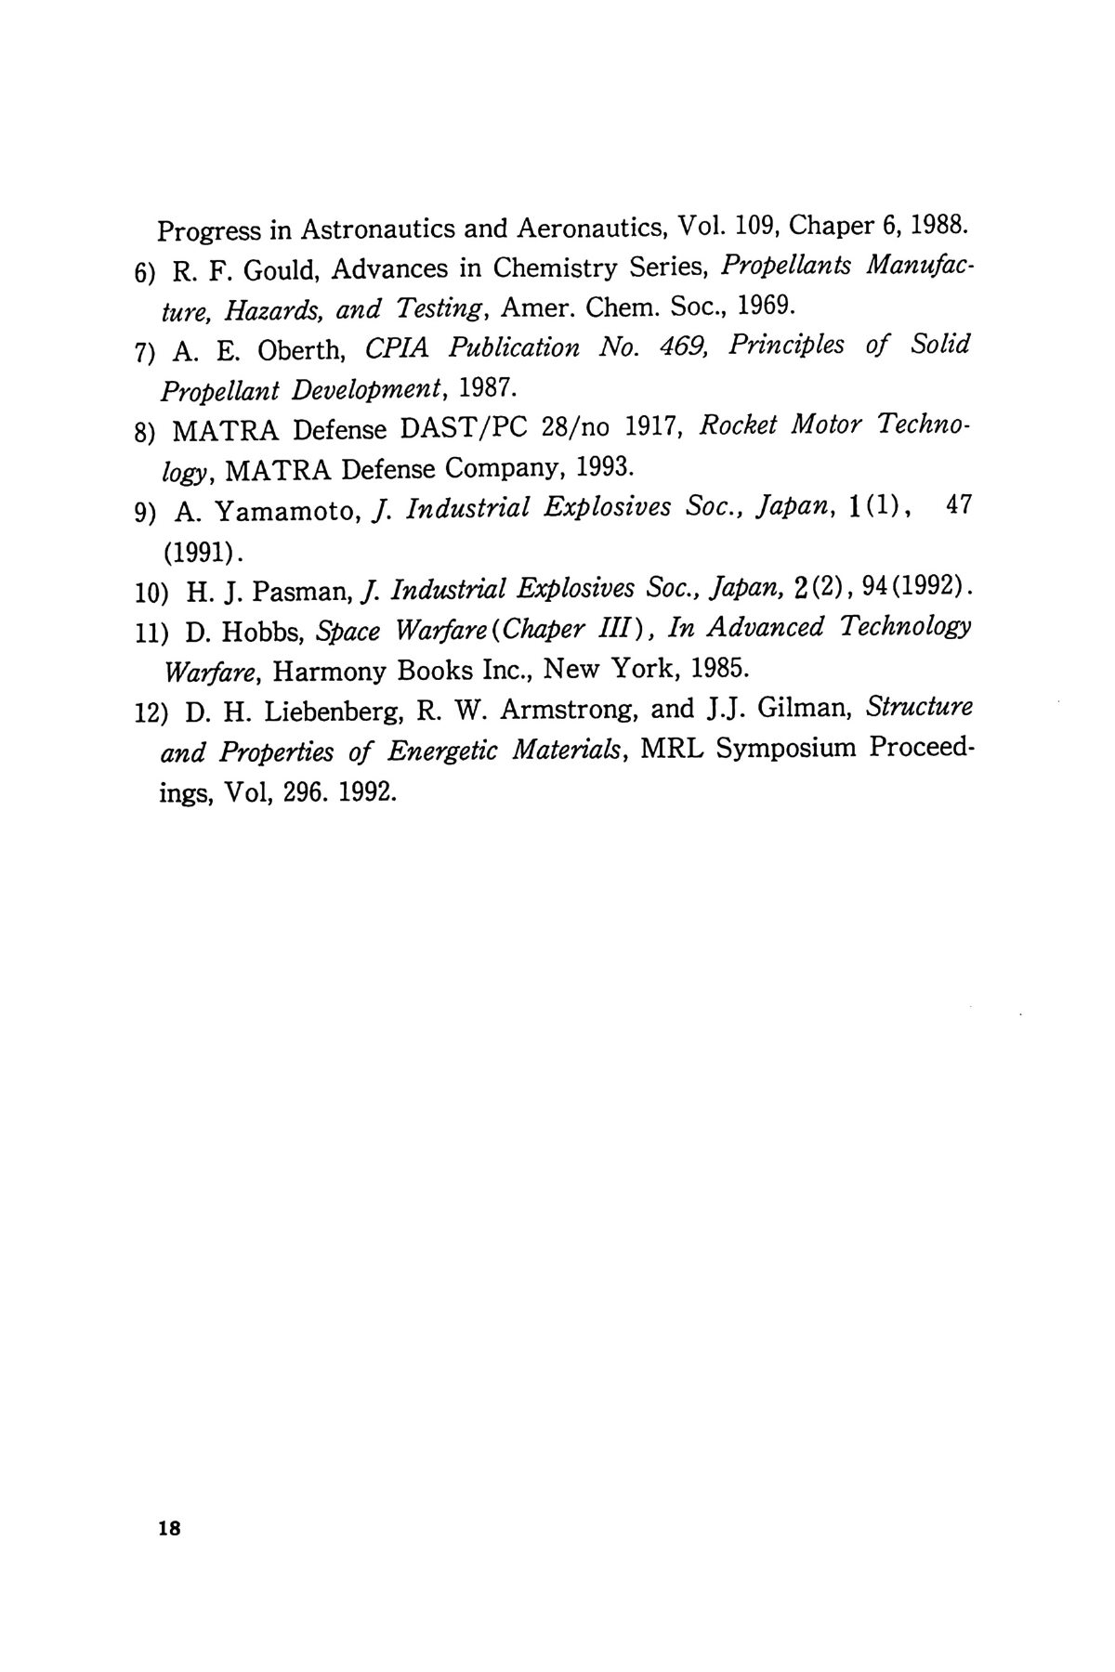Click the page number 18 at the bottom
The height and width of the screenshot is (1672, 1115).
(173, 1529)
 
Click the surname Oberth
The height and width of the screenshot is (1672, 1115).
(302, 349)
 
